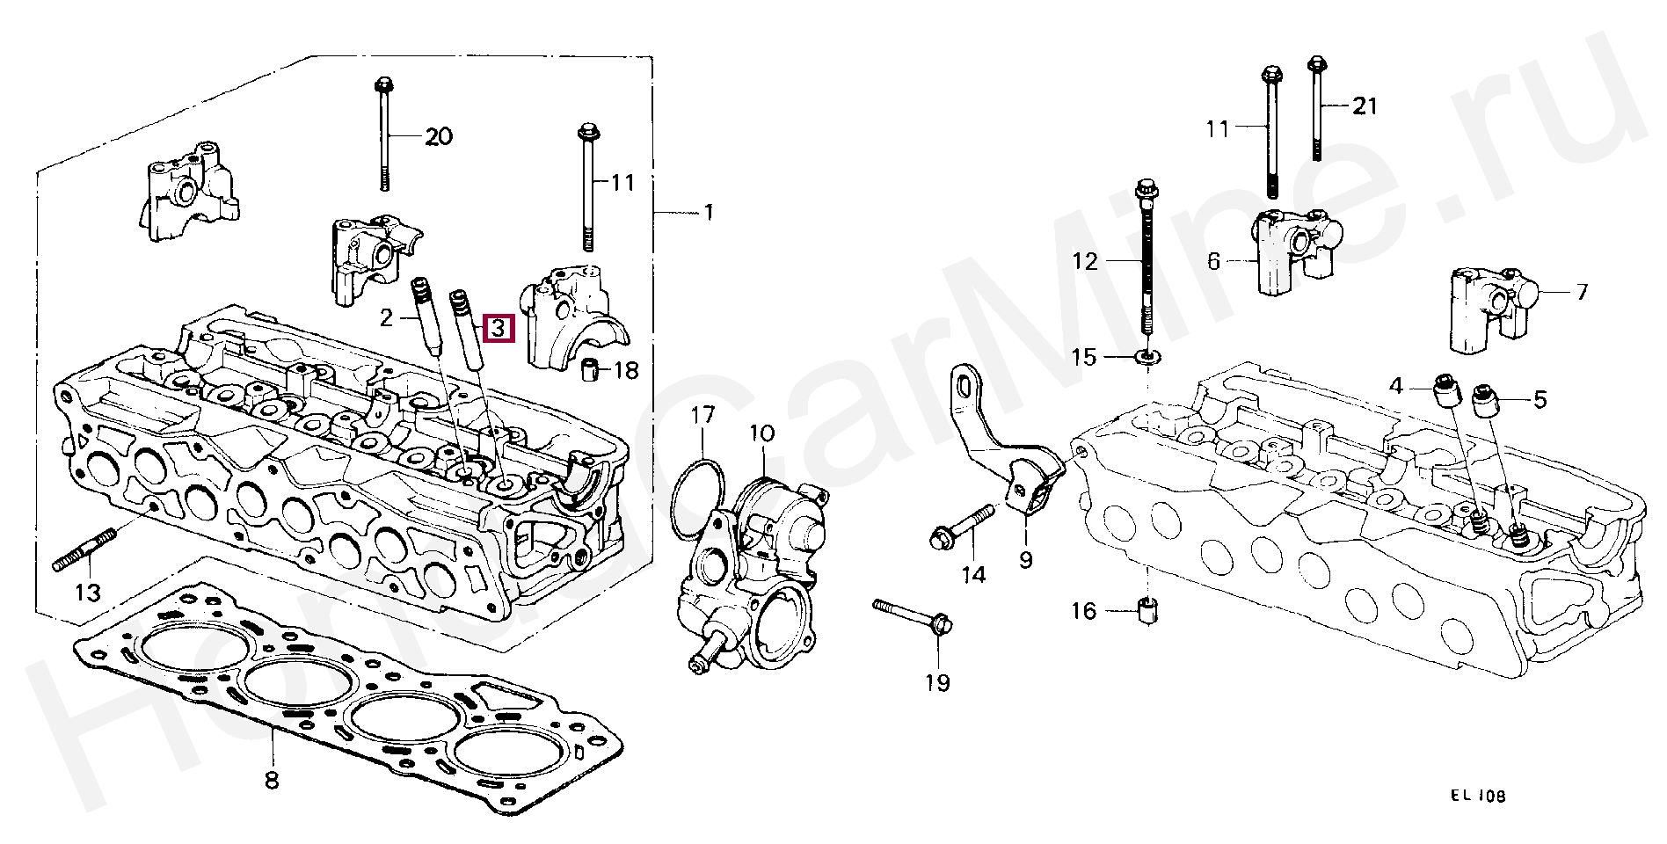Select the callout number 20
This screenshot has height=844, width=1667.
tap(438, 136)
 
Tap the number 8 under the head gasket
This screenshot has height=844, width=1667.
tap(271, 779)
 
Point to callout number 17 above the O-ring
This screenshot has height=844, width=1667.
tap(702, 415)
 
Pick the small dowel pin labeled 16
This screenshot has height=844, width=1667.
tap(1147, 610)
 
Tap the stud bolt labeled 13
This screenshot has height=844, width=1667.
tap(84, 549)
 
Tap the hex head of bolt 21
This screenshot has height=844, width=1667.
tap(1315, 64)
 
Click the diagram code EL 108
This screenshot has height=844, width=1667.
tap(1477, 797)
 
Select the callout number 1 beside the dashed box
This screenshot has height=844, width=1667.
tap(708, 212)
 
